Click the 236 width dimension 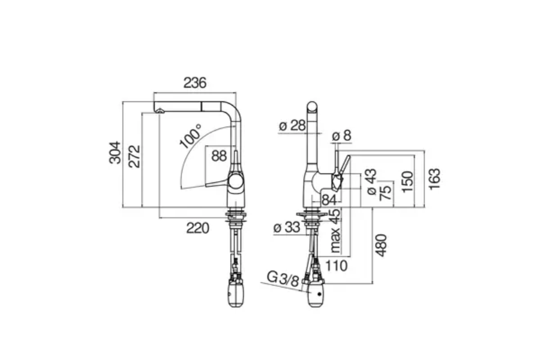pyautogui.click(x=195, y=83)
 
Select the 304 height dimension pyautogui.click(x=115, y=152)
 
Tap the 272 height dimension pyautogui.click(x=134, y=157)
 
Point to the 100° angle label pyautogui.click(x=190, y=137)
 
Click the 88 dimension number pyautogui.click(x=220, y=156)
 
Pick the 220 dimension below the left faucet pyautogui.click(x=197, y=228)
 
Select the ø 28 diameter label pyautogui.click(x=292, y=125)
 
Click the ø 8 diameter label pyautogui.click(x=341, y=136)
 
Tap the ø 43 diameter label pyautogui.click(x=371, y=182)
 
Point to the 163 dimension pyautogui.click(x=434, y=178)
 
